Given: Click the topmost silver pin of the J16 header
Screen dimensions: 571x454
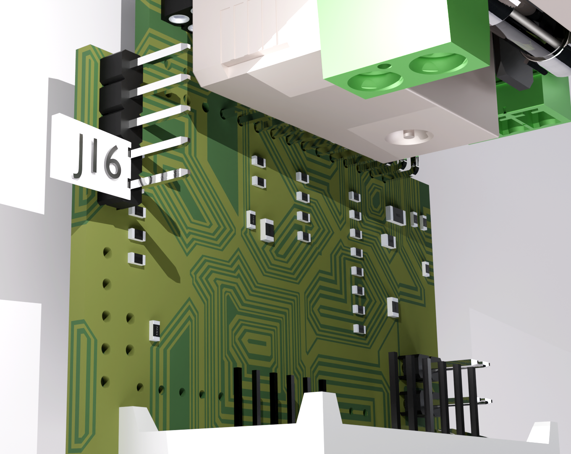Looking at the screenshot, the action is coord(164,54).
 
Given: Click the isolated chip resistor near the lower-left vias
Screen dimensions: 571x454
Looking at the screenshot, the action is coord(155,331).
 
